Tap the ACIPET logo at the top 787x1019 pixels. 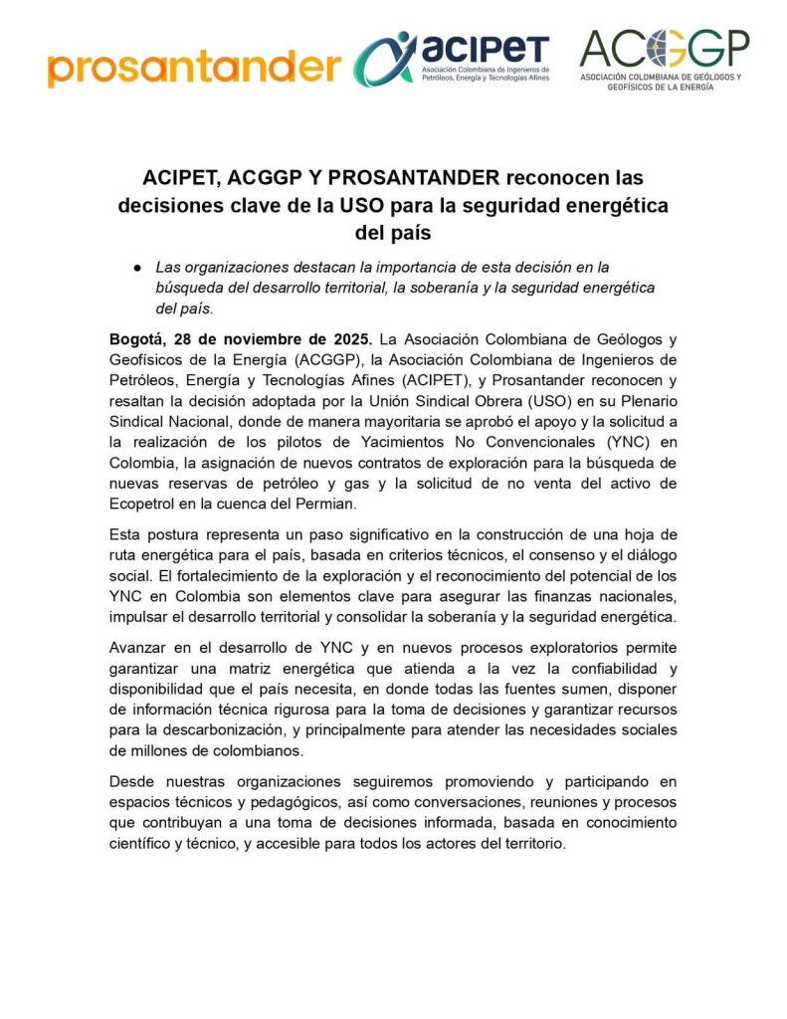click(454, 58)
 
